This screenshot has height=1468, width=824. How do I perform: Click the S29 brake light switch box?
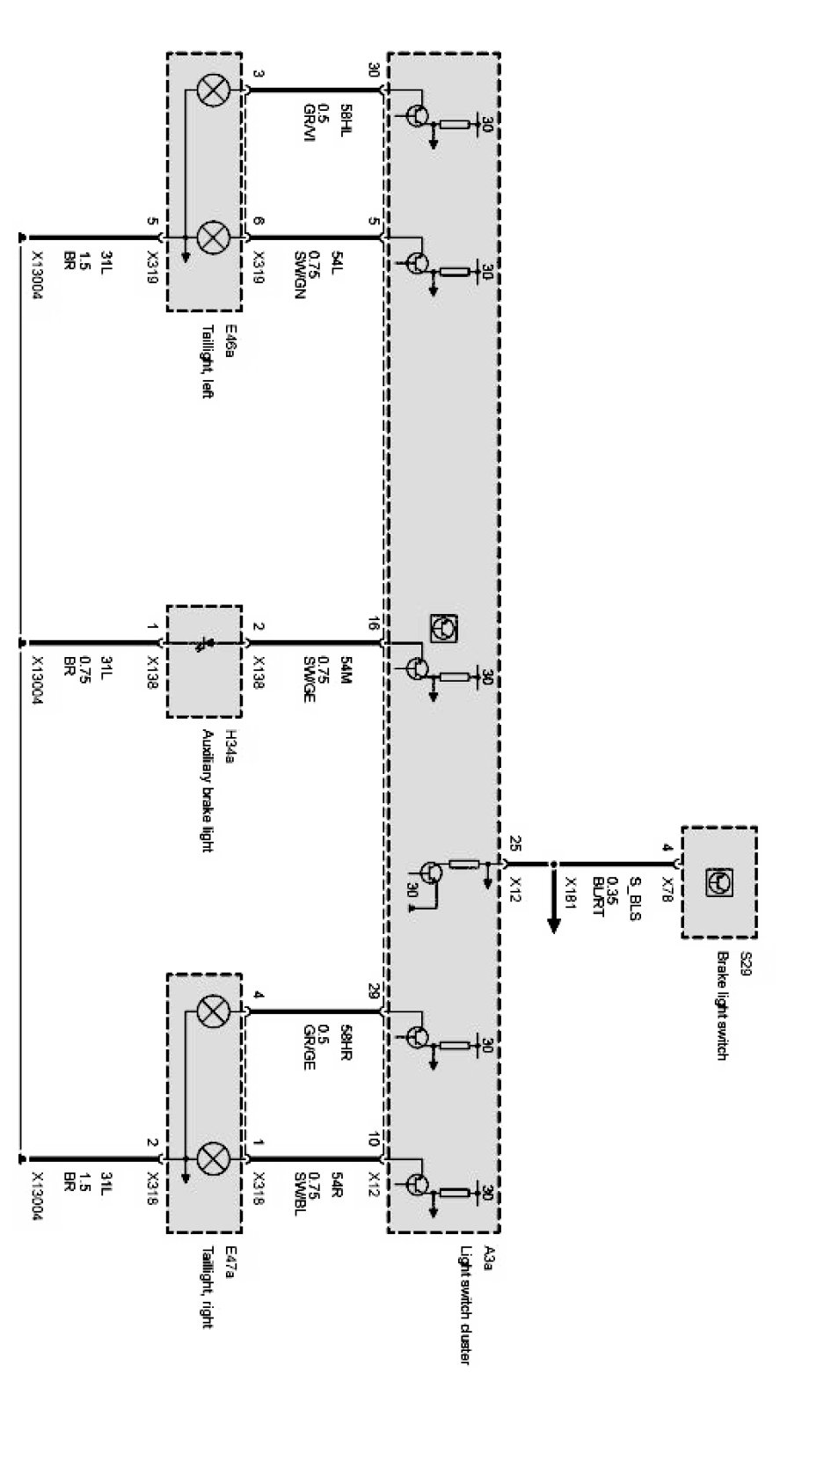pyautogui.click(x=718, y=882)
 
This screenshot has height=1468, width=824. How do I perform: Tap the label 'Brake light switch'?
pyautogui.click(x=723, y=1005)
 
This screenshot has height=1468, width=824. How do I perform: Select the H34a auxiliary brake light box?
pyautogui.click(x=204, y=661)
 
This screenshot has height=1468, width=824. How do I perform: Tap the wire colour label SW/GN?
pyautogui.click(x=299, y=275)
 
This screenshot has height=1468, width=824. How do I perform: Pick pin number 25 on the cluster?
pyautogui.click(x=514, y=844)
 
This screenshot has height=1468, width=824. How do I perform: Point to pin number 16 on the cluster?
pyautogui.click(x=374, y=624)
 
